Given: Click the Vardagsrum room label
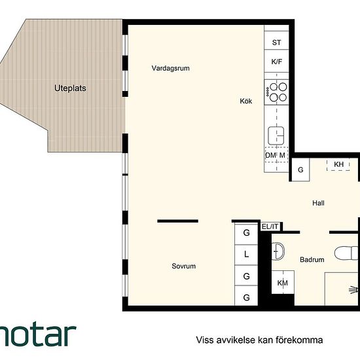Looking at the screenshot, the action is [x=171, y=68].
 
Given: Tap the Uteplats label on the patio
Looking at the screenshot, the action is [x=70, y=88].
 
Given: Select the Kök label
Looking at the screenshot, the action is [x=246, y=101].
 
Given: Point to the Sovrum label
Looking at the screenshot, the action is [x=184, y=266].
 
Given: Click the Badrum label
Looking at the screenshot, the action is [x=312, y=260].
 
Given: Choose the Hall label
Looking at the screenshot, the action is [x=318, y=203].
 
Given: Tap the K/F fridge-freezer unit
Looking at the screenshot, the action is [x=276, y=61].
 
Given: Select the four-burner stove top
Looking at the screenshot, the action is [x=276, y=92].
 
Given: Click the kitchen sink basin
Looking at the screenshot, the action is [x=276, y=135].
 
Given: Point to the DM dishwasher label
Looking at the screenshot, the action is [x=270, y=155].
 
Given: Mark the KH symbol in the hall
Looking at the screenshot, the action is [x=338, y=164].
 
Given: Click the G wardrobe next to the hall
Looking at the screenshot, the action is [x=300, y=170].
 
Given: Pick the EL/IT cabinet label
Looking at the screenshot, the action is [x=270, y=226].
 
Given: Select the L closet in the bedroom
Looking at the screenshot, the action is [x=246, y=255].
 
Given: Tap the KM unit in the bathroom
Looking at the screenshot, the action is [x=283, y=282].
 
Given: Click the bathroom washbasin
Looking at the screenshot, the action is [x=278, y=251].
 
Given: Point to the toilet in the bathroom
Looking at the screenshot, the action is [x=346, y=253].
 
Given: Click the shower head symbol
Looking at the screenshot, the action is [x=353, y=290].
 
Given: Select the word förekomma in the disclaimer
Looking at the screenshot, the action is [x=299, y=340].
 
